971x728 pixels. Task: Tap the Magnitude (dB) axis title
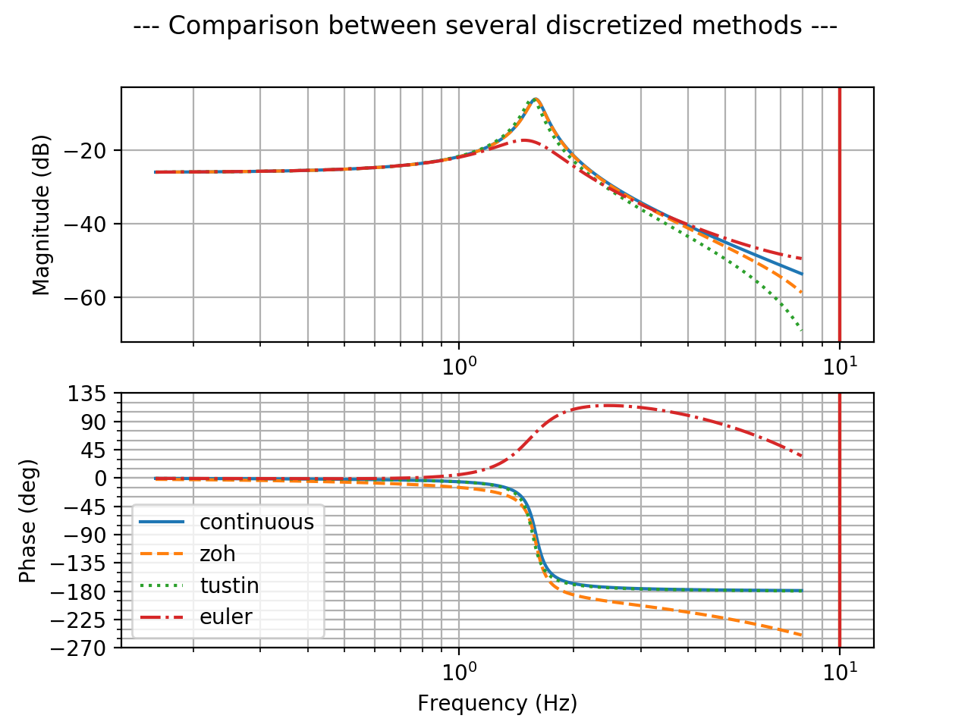pyautogui.click(x=42, y=215)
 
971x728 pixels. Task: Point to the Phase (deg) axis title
pyautogui.click(x=28, y=520)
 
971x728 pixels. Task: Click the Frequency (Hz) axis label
pyautogui.click(x=497, y=704)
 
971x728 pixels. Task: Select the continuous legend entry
pyautogui.click(x=256, y=522)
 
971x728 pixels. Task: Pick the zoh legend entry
pyautogui.click(x=218, y=554)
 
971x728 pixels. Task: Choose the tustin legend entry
pyautogui.click(x=229, y=586)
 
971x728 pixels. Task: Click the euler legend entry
pyautogui.click(x=225, y=617)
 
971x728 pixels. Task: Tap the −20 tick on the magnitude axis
pyautogui.click(x=94, y=150)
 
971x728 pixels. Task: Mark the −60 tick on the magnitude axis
pyautogui.click(x=94, y=297)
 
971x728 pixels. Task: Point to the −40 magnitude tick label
pyautogui.click(x=94, y=224)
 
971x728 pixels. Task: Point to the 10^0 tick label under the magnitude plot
pyautogui.click(x=458, y=365)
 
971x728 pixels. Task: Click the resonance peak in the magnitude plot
pyautogui.click(x=536, y=99)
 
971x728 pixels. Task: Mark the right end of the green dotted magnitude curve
pyautogui.click(x=802, y=330)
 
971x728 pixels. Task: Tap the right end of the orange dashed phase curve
pyautogui.click(x=802, y=635)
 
